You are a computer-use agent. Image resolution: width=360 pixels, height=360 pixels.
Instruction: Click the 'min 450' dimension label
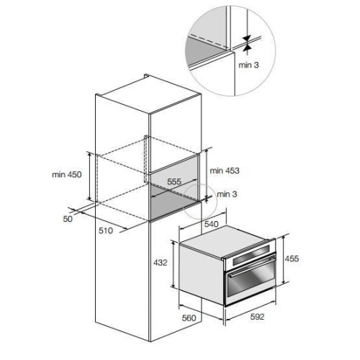click(x=67, y=174)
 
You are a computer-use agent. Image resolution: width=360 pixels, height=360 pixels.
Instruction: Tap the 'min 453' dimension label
click(x=225, y=171)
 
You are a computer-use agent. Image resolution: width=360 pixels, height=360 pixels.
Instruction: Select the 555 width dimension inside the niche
click(x=174, y=181)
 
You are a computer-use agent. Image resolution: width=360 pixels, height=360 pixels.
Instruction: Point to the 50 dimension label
click(x=68, y=219)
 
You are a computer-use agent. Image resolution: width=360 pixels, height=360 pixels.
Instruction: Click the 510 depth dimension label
click(x=106, y=230)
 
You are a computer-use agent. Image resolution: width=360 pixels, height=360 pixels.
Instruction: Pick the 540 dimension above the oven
click(x=211, y=224)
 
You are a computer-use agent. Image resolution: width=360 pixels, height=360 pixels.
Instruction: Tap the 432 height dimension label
click(x=160, y=263)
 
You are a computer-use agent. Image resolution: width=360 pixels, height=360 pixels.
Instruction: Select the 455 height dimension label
click(x=292, y=258)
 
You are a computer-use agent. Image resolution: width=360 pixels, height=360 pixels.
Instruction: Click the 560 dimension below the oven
click(x=189, y=318)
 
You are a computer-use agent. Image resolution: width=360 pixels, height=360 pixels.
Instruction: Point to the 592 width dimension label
click(x=257, y=317)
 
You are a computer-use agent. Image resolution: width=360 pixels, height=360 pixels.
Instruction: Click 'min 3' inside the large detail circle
click(x=248, y=65)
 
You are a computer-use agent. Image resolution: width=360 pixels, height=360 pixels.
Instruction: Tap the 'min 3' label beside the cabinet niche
click(x=227, y=194)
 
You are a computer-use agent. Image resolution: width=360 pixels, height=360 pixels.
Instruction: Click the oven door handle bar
click(x=252, y=266)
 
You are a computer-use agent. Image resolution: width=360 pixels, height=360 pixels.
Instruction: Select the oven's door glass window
click(x=251, y=280)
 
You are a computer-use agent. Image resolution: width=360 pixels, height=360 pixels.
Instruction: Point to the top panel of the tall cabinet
click(x=149, y=95)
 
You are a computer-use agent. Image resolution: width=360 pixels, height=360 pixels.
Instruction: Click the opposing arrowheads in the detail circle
click(x=247, y=43)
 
